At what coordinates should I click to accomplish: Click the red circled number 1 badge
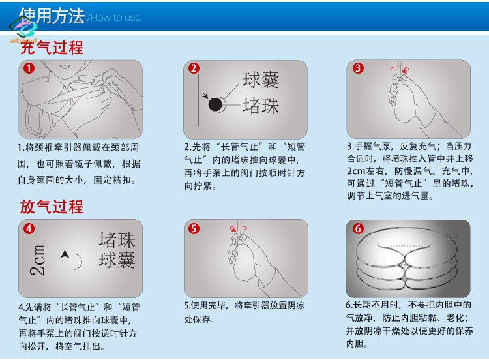click(29, 68)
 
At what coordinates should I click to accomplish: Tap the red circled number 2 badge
click(194, 68)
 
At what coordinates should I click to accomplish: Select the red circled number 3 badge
click(358, 68)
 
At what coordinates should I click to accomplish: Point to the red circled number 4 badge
click(29, 229)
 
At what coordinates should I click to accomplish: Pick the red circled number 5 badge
click(194, 229)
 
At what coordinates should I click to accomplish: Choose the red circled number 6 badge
click(358, 229)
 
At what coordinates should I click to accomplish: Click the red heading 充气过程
click(52, 48)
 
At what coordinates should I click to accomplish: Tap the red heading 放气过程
click(52, 207)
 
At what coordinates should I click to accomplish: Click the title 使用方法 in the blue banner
click(52, 16)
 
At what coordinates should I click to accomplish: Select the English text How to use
click(115, 18)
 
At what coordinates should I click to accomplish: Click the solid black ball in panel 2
click(215, 104)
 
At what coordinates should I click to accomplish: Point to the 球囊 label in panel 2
click(261, 80)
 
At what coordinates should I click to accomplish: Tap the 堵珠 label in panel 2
click(261, 106)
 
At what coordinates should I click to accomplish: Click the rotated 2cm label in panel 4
click(37, 260)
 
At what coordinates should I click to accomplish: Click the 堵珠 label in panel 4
click(117, 239)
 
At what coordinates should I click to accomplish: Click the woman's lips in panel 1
click(65, 66)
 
